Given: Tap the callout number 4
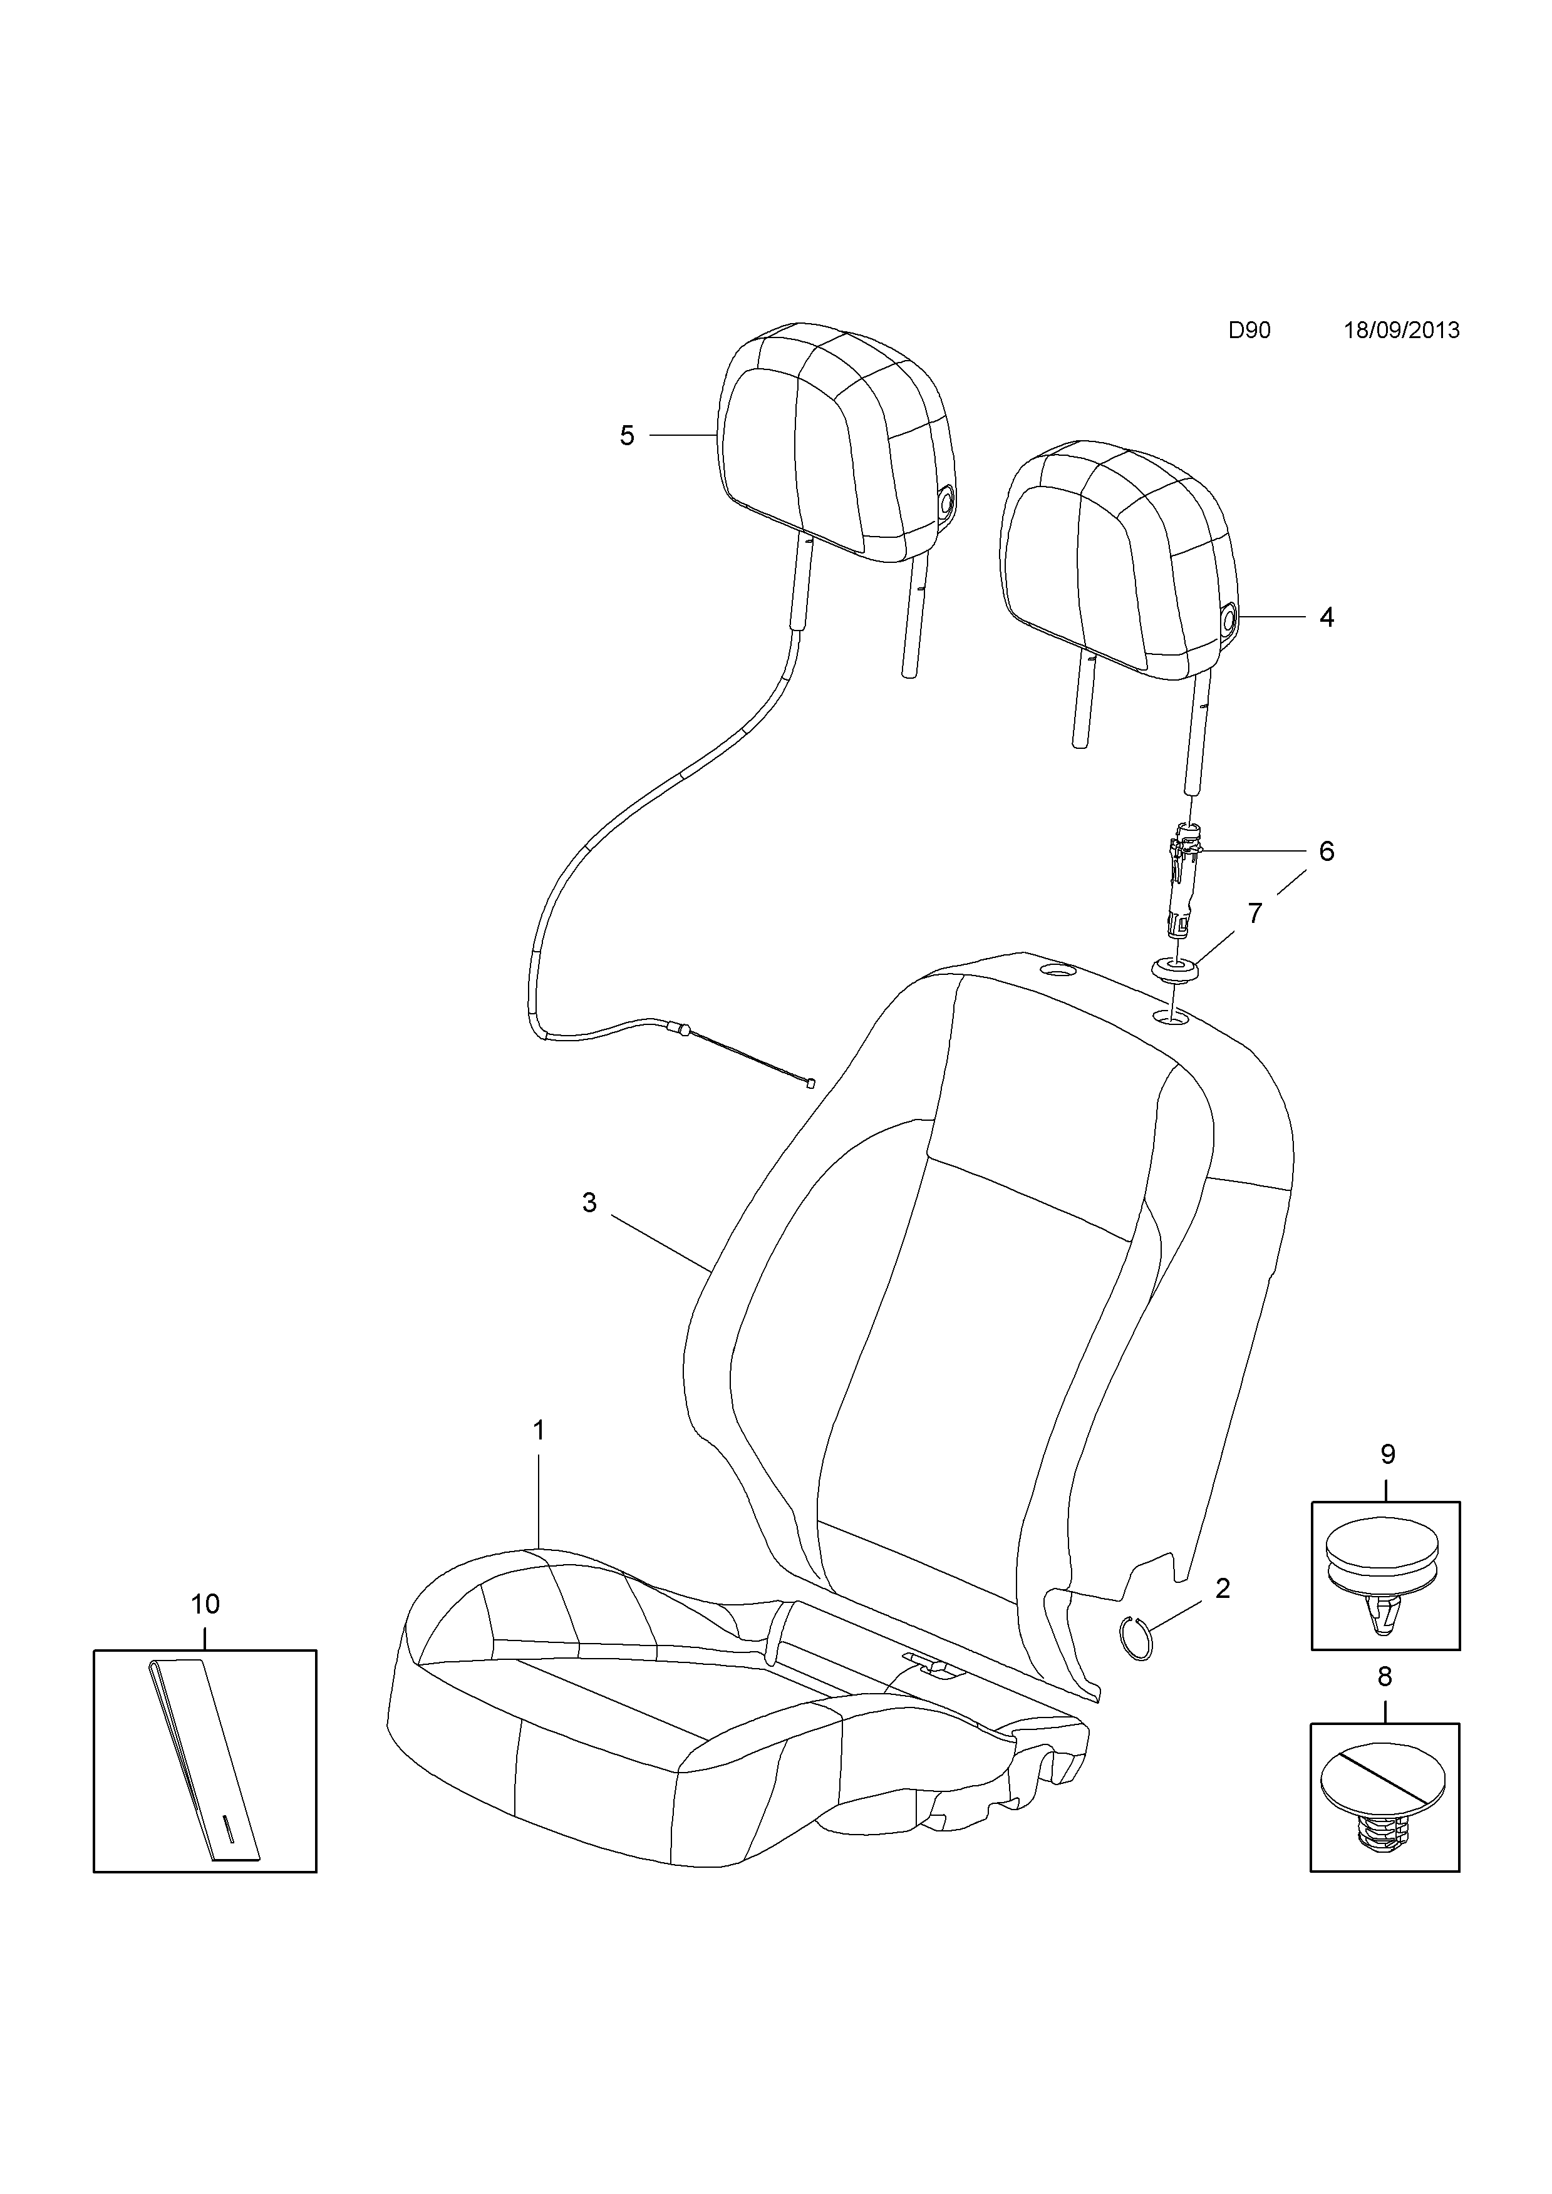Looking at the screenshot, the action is (1327, 617).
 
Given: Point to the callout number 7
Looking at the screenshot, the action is (1255, 914).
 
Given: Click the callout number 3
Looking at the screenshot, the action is (589, 1202).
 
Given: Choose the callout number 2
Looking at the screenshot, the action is (1223, 1588).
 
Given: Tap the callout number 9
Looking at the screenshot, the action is (1388, 1455).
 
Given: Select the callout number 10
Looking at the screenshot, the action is (205, 1604).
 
